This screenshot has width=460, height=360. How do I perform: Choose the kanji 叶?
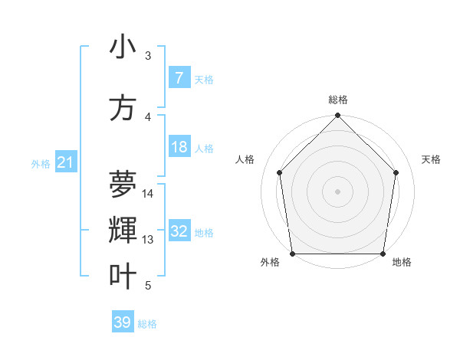[x=123, y=277]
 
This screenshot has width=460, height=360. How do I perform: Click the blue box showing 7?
[x=179, y=78]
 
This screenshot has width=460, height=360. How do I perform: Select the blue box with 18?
[x=179, y=147]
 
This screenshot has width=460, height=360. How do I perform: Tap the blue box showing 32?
[x=179, y=232]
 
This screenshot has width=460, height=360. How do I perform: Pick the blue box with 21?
[x=65, y=162]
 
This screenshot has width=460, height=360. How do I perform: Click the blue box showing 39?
[x=123, y=322]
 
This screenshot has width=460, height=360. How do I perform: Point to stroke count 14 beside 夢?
[x=148, y=194]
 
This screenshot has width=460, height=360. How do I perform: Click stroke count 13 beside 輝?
[x=148, y=240]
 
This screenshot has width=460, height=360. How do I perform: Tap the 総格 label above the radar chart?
[x=338, y=100]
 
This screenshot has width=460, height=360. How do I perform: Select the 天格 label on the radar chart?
[x=432, y=159]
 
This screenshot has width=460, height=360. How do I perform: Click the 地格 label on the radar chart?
[x=402, y=263]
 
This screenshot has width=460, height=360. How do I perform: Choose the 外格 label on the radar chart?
[x=270, y=263]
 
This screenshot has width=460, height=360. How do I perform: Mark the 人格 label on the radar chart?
[x=245, y=159]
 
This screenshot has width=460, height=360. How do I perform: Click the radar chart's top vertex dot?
[x=338, y=116]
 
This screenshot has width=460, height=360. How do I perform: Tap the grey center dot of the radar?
[x=338, y=191]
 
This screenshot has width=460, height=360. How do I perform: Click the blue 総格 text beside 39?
[x=147, y=324]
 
